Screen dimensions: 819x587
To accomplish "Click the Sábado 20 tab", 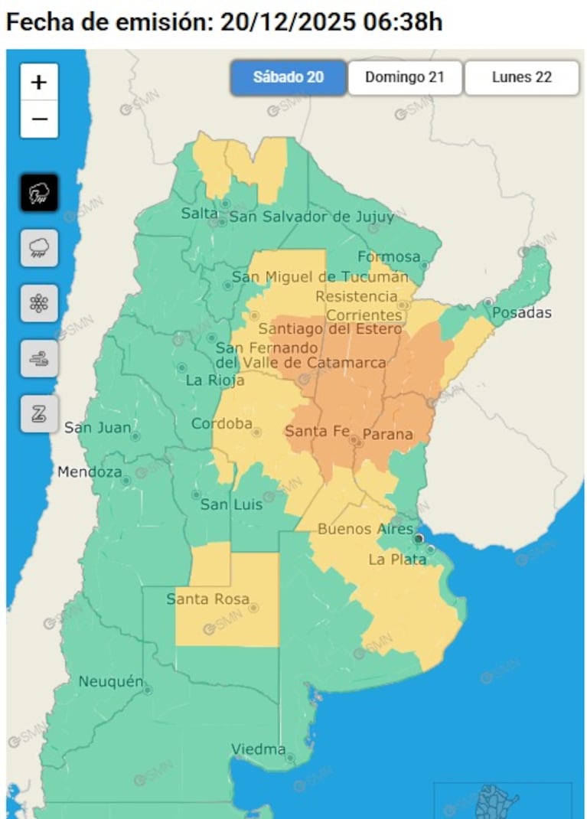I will pyautogui.click(x=288, y=77).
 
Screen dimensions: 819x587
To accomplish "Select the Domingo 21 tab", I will pyautogui.click(x=405, y=77).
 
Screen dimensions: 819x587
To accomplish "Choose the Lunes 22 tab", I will pyautogui.click(x=521, y=77).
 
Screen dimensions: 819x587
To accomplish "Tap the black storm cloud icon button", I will pyautogui.click(x=39, y=193).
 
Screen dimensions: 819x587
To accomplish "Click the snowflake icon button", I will pyautogui.click(x=39, y=303).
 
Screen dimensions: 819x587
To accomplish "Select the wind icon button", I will pyautogui.click(x=39, y=358).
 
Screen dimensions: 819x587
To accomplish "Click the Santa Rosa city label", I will pyautogui.click(x=207, y=599).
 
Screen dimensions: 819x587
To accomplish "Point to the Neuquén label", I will pyautogui.click(x=111, y=681).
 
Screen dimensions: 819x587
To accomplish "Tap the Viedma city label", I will pyautogui.click(x=259, y=749).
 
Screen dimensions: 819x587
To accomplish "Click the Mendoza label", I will pyautogui.click(x=89, y=472).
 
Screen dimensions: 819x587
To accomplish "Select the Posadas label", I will pyautogui.click(x=522, y=312).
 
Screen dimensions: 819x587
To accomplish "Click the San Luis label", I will pyautogui.click(x=231, y=504).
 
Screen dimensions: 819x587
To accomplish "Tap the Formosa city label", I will pyautogui.click(x=389, y=256).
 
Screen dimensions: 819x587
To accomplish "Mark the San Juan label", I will pyautogui.click(x=97, y=427).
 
